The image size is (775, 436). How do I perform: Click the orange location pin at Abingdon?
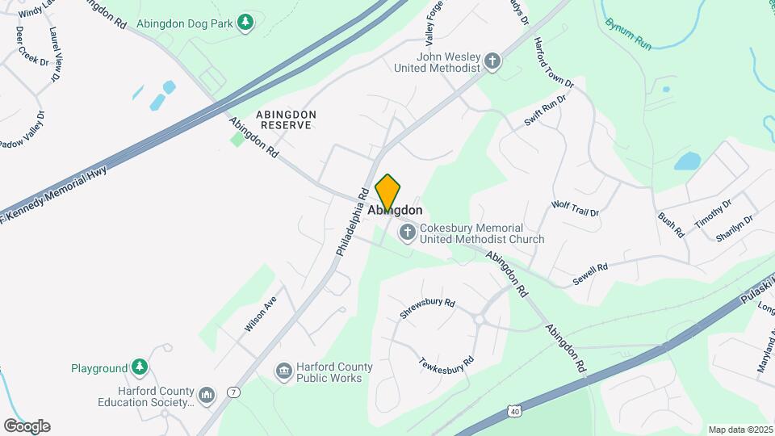(x=387, y=194)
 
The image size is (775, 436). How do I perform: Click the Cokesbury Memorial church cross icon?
(x=408, y=234)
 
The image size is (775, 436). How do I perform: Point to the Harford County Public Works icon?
(x=283, y=372)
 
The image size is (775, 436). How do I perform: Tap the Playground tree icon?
(x=140, y=368)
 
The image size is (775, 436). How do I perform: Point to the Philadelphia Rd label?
(x=352, y=222)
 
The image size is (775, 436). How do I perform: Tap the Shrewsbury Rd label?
(x=428, y=308)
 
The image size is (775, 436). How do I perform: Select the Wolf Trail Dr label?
(x=575, y=208)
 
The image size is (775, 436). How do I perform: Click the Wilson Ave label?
(x=262, y=309)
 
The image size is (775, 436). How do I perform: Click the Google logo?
(x=27, y=426)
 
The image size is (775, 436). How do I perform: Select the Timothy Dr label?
(x=713, y=214)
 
